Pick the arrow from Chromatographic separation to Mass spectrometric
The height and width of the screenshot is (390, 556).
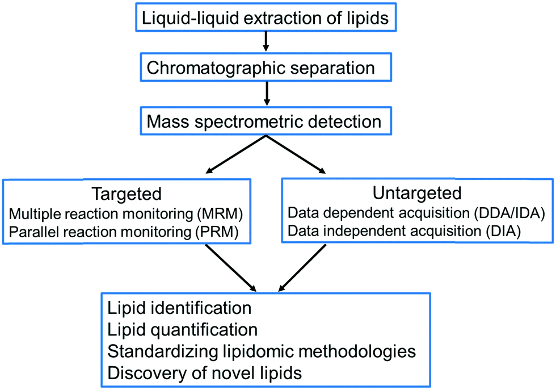point(266,93)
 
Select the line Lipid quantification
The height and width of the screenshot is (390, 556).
point(182,329)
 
